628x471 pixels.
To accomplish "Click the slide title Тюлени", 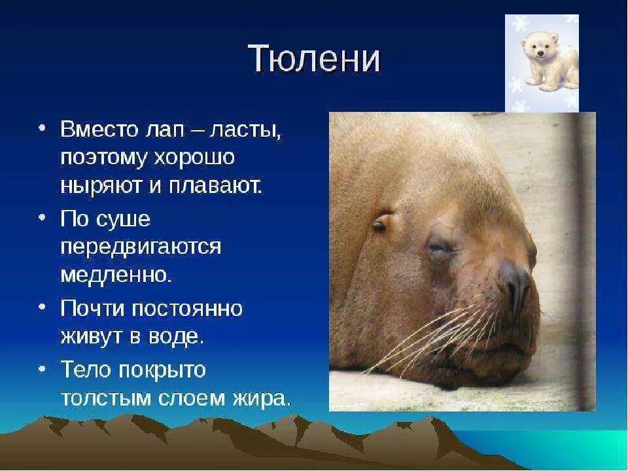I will coord(314,60).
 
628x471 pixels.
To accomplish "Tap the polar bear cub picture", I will coord(542,63).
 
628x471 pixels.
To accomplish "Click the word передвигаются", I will coord(141,247).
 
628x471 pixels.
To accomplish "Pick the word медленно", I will coord(116,275).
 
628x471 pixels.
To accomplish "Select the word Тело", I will coord(84,370).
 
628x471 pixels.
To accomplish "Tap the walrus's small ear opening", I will coord(379,225).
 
